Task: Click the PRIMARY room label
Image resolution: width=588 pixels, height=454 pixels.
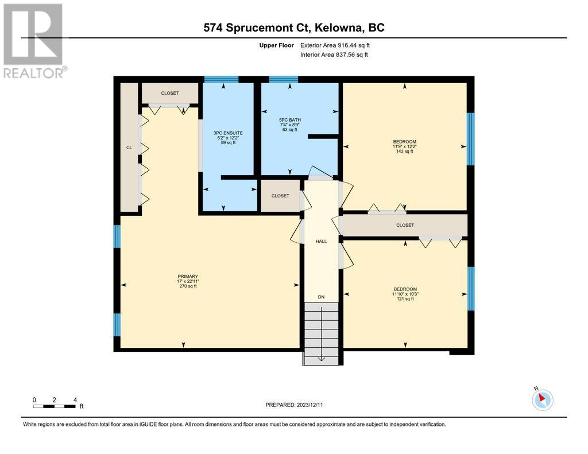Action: [x=188, y=277]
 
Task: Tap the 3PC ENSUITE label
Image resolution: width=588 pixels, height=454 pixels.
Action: [x=228, y=133]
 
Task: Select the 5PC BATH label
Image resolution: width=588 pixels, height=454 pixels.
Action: [x=290, y=120]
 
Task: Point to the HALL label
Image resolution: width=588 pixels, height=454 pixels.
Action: [x=321, y=242]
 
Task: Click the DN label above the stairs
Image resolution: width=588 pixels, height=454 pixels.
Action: [x=321, y=297]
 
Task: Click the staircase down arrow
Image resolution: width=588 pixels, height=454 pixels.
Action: [x=322, y=333]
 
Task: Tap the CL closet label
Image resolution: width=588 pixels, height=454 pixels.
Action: [x=129, y=148]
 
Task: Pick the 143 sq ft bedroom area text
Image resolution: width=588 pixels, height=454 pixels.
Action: [x=405, y=152]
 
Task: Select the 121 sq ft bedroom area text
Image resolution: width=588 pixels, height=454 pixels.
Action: [x=405, y=299]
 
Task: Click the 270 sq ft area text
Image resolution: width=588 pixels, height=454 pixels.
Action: [x=188, y=286]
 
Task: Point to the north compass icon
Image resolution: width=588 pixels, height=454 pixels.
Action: [x=542, y=399]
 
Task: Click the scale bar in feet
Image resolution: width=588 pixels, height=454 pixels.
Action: [x=54, y=406]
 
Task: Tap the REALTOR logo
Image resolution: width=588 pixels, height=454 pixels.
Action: [x=34, y=41]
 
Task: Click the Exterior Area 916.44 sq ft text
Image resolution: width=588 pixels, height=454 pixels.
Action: [x=335, y=45]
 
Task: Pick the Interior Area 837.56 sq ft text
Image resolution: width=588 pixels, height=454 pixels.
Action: [x=334, y=55]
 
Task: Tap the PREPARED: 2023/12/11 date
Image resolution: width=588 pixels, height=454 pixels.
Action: [x=294, y=405]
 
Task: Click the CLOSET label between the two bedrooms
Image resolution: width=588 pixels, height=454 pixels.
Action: [x=405, y=226]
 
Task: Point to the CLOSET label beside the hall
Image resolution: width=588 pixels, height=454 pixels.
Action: [x=280, y=196]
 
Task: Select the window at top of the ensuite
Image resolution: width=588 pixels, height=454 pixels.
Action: [x=221, y=79]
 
